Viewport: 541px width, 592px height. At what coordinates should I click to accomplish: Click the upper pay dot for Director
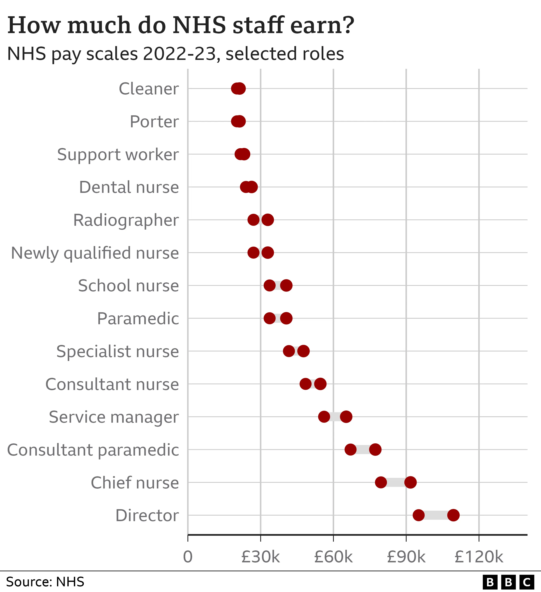point(453,515)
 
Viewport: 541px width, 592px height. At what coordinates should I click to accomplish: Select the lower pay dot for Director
point(419,515)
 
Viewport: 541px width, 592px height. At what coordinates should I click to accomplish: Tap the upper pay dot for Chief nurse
point(410,482)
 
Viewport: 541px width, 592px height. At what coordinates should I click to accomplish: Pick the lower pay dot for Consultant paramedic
point(350,449)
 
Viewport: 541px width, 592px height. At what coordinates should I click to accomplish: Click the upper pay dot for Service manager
point(346,417)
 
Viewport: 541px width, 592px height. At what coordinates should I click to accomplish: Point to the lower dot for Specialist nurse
point(289,351)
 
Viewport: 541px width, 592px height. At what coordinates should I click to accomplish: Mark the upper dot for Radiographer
point(268,220)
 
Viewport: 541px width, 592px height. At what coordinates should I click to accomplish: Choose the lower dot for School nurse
point(269,285)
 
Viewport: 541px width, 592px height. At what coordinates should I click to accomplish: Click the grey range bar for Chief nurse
point(396,482)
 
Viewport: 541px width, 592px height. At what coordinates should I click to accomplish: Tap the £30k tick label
point(260,557)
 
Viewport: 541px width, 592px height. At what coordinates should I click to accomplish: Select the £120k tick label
point(479,557)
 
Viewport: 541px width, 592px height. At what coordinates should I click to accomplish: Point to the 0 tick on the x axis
point(188,557)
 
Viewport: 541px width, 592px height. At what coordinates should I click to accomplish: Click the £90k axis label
point(406,557)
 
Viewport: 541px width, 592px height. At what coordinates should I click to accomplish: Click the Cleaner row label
point(149,89)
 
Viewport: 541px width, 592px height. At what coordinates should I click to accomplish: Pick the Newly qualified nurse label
point(95,253)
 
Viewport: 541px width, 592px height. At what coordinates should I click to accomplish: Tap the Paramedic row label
point(138,319)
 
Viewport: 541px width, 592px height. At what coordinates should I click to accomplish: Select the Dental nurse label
point(129,187)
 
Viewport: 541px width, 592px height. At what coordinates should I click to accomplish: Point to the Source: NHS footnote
point(45,582)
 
